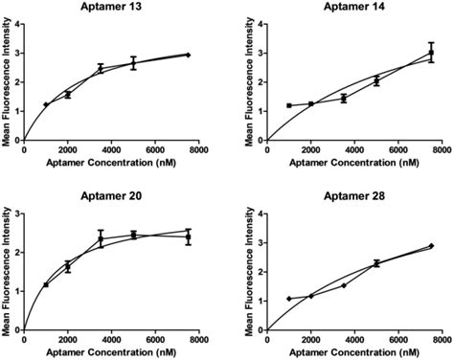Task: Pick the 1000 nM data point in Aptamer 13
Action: (x=46, y=104)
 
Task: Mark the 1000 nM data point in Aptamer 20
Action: (x=46, y=284)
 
